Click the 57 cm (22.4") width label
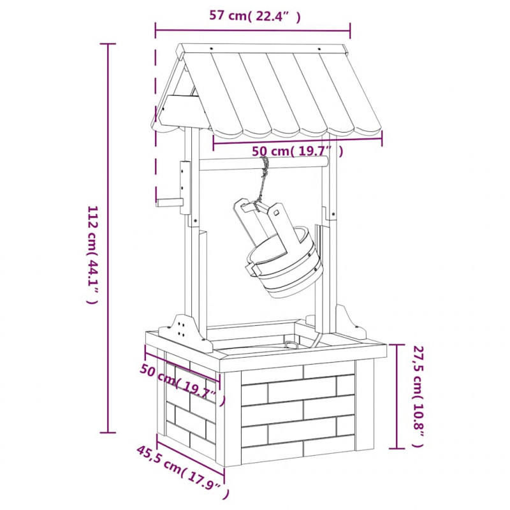coord(254,15)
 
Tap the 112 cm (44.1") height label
coord(92,254)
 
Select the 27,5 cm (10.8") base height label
coord(419,396)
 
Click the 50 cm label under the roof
coord(298,151)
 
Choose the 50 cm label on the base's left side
coord(182,384)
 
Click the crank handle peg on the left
coord(168,203)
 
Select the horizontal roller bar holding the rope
coord(263,164)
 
